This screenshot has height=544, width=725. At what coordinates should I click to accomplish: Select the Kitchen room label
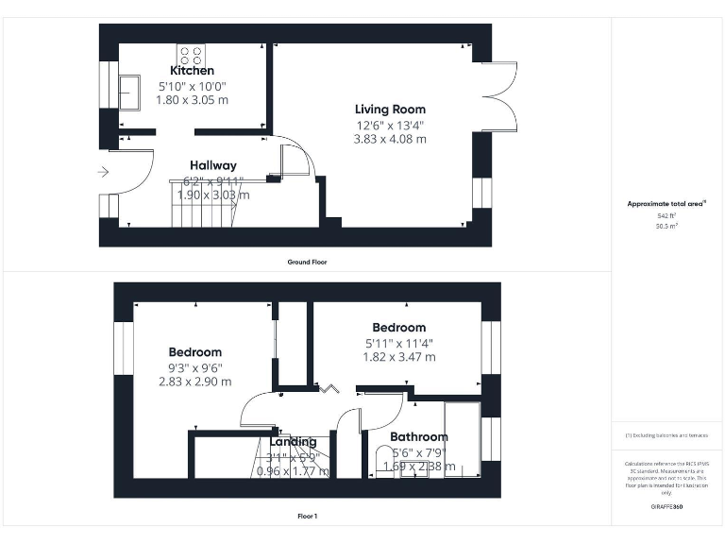coord(192,71)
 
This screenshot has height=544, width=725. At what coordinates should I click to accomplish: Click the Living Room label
coord(390,110)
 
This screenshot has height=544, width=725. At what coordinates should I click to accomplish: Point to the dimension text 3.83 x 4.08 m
coord(390,139)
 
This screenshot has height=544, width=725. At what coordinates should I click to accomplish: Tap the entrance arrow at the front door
coord(104,172)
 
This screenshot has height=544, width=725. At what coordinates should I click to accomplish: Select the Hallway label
coord(212,165)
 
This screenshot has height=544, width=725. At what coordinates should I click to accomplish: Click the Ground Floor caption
coord(308,262)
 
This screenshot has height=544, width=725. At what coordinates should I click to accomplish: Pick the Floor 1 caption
coord(308,517)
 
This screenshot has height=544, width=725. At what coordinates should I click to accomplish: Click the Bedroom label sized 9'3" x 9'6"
coord(195,352)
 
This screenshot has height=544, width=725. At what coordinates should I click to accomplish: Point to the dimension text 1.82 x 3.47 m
coord(399,357)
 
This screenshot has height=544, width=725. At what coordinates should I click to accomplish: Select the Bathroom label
coord(419,437)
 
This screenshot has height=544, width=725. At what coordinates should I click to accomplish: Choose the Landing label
coord(293,442)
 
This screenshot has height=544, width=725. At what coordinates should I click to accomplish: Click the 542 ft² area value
coord(666,216)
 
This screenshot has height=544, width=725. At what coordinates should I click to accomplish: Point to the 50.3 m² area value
coord(666,227)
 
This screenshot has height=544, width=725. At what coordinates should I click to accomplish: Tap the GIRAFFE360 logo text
coord(666,508)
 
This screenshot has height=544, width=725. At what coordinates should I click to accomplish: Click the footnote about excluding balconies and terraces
coord(666,435)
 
